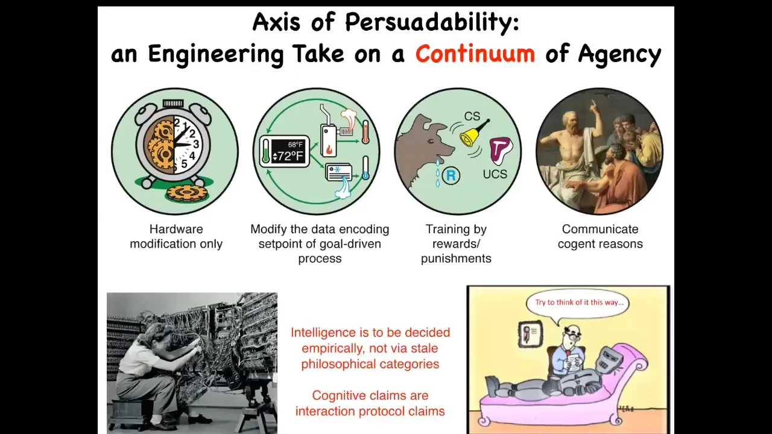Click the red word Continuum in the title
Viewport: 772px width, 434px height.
(475, 54)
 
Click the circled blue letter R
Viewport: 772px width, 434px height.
(451, 175)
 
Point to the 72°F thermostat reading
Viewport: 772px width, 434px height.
(288, 156)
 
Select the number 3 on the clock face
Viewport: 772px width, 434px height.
(196, 144)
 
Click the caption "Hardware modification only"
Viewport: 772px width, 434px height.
(176, 236)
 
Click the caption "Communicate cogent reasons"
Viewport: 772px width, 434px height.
(600, 236)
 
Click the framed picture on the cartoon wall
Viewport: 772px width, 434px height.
(530, 334)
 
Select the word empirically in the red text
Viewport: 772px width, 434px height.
(332, 348)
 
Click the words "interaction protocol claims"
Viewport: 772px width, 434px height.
(370, 411)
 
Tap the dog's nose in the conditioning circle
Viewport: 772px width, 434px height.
(452, 148)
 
